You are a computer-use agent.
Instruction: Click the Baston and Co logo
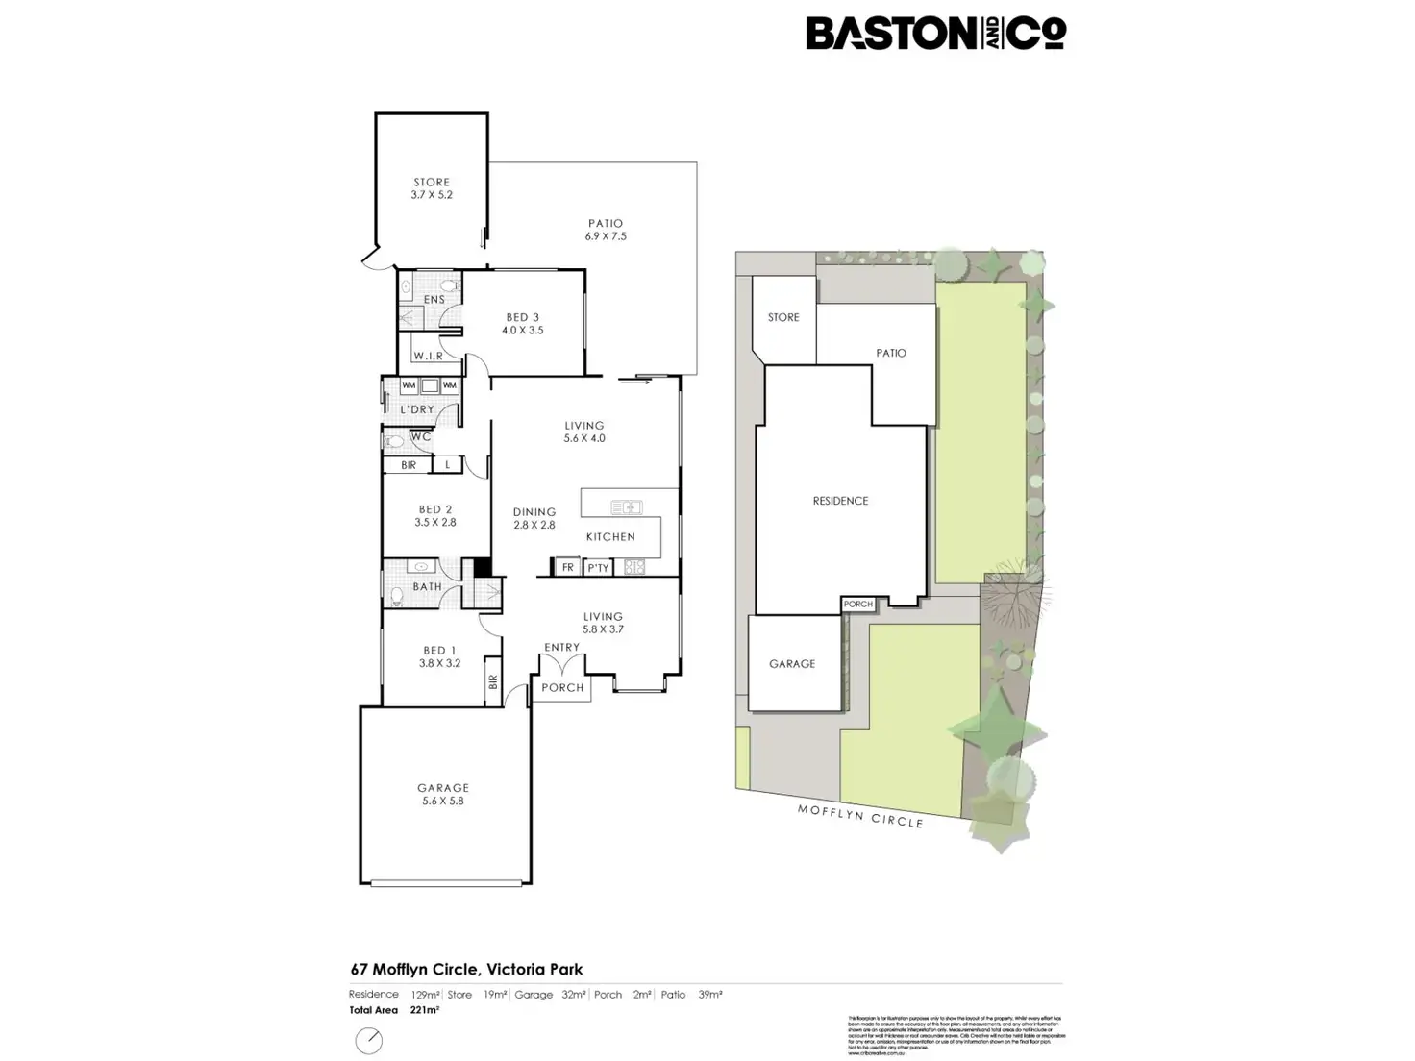tap(935, 34)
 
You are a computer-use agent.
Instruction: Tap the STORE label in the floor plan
tap(432, 188)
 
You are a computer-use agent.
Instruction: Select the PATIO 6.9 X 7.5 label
tap(606, 230)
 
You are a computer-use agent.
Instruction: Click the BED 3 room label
tap(523, 324)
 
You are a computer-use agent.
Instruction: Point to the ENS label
tap(434, 300)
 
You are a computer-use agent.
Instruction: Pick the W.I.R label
tap(429, 357)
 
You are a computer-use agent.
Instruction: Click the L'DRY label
tap(417, 409)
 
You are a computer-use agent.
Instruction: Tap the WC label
tap(421, 437)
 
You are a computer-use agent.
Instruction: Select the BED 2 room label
tap(435, 516)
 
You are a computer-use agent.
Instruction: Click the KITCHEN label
tap(610, 537)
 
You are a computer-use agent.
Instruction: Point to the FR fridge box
tap(568, 568)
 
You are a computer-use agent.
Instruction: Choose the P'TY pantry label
tap(598, 568)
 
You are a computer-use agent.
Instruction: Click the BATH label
tap(428, 587)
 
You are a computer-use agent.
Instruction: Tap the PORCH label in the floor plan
tap(562, 688)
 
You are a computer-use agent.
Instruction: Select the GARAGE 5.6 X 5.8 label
tap(443, 794)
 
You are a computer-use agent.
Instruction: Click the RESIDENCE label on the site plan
tap(840, 501)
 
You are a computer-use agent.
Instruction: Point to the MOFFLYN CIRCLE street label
tap(860, 816)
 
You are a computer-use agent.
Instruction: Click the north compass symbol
tap(369, 1040)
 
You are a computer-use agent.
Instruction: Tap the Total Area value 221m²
tap(425, 1011)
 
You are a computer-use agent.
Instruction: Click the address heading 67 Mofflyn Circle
tap(466, 970)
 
